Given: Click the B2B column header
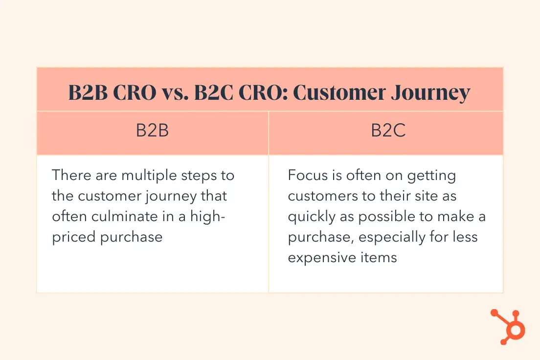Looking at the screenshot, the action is pos(152,130).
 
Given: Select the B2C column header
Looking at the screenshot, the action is pos(388,130).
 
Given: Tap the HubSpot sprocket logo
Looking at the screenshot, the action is pos(508,327).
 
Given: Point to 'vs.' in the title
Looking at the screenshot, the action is pos(175,92).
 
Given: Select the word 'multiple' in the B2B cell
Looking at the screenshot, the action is pos(149,176).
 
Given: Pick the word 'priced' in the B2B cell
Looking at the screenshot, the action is pos(73,237).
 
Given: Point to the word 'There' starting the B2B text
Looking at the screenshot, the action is pos(71,175).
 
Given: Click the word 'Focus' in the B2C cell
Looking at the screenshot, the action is pos(308,175).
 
